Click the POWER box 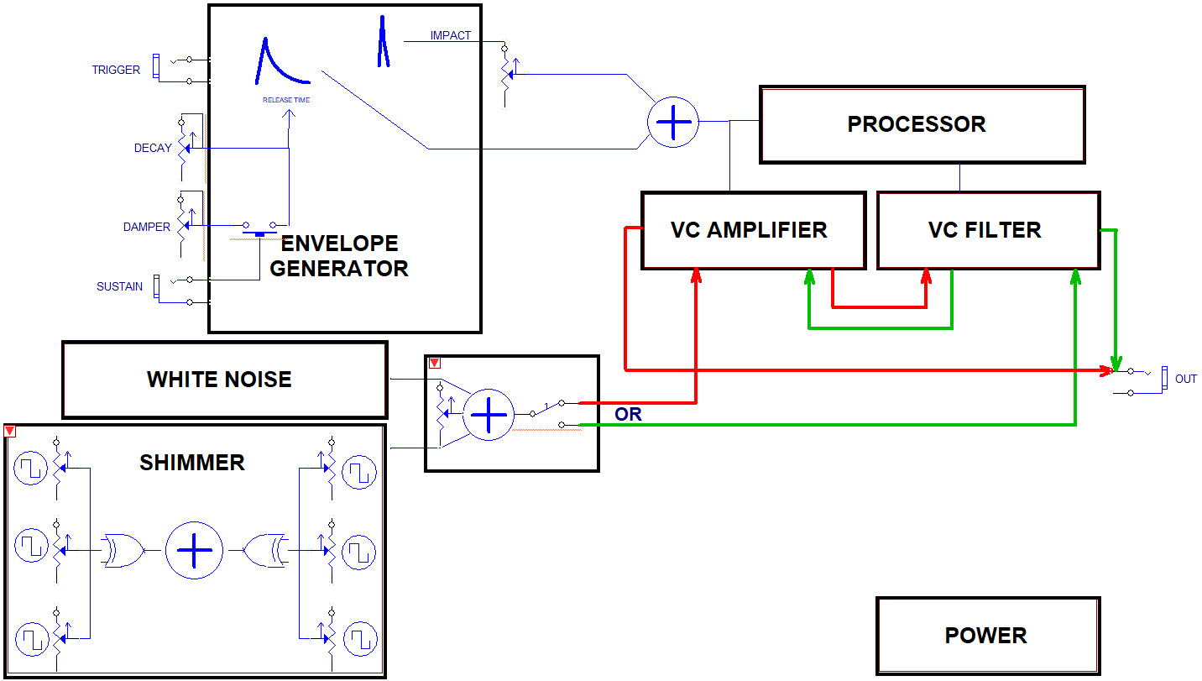click(x=987, y=636)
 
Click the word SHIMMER click(x=192, y=463)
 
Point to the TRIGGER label click(x=116, y=71)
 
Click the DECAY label click(x=153, y=149)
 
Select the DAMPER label click(x=147, y=227)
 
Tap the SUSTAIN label click(x=119, y=287)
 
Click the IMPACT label click(x=451, y=36)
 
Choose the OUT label click(x=1185, y=380)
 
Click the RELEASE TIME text click(x=286, y=100)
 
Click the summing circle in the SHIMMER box click(x=194, y=551)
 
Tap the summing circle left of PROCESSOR click(x=672, y=123)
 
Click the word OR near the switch click(x=628, y=415)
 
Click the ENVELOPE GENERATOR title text click(x=339, y=256)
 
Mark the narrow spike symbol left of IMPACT click(x=383, y=42)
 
